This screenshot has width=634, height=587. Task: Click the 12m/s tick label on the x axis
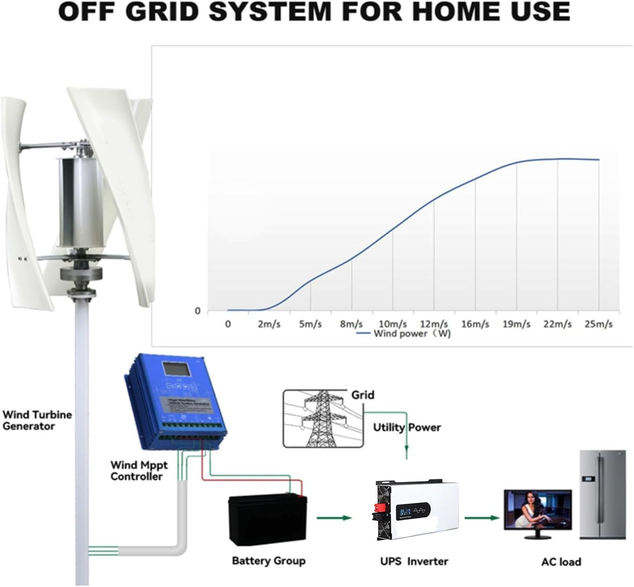(434, 324)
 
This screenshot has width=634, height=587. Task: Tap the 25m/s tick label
(598, 324)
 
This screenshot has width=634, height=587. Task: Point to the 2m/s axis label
(269, 324)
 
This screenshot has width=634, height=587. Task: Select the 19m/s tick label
(516, 324)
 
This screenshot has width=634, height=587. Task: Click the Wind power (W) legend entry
(404, 334)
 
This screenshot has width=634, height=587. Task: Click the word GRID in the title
(163, 12)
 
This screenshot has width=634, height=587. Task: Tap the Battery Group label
(268, 561)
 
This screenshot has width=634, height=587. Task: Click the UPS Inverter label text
(414, 562)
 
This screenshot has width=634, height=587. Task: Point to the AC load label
(561, 562)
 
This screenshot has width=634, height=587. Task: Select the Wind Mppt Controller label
(139, 471)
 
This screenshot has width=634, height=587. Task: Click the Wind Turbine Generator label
(37, 420)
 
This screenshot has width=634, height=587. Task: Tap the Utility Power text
(407, 428)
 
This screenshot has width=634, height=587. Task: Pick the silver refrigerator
(602, 494)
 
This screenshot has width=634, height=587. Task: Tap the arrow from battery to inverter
(334, 518)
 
